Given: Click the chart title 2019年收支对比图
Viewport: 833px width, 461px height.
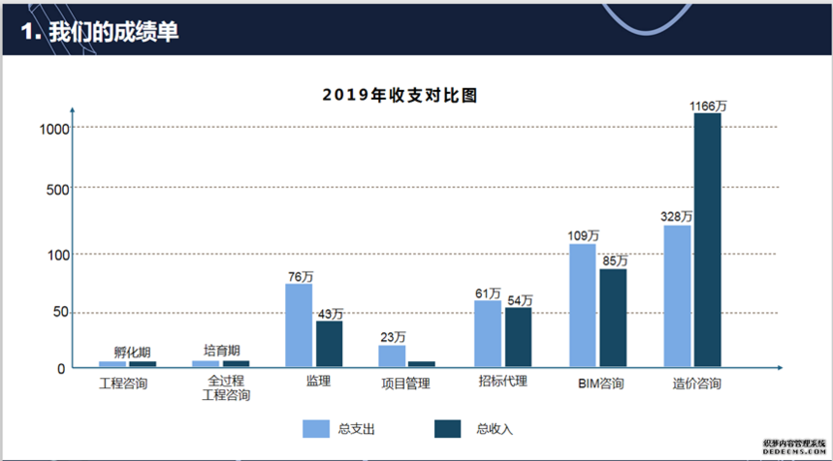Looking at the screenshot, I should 400,96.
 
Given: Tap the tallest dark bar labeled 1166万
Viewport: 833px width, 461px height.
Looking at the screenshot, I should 707,240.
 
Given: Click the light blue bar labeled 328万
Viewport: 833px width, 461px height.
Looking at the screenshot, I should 677,296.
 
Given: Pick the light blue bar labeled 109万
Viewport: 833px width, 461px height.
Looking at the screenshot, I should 582,305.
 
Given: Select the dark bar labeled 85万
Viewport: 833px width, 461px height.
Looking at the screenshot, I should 613,318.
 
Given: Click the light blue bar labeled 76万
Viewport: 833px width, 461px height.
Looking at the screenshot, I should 299,325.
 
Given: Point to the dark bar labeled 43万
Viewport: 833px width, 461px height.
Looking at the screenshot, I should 329,344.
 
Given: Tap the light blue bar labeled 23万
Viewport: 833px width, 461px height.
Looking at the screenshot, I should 392,356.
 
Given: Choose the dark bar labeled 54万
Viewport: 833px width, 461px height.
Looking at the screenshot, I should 518,337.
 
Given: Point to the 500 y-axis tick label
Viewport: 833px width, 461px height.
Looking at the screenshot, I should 56,188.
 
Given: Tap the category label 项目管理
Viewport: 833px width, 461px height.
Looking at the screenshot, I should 405,384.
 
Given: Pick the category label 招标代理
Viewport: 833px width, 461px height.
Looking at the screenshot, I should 502,382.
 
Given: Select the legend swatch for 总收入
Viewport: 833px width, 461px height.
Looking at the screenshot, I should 448,429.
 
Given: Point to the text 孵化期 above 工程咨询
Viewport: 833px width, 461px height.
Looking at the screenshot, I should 131,353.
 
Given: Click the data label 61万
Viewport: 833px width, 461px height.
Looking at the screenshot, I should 488,292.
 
